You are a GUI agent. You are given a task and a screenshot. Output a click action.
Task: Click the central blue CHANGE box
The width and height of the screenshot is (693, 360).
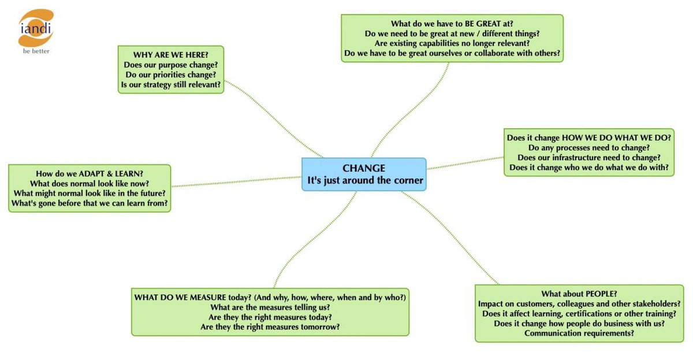[364, 174]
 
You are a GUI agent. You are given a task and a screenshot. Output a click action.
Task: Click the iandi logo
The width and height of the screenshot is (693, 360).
[36, 28]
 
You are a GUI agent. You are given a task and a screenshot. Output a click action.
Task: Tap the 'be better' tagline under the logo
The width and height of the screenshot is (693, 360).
[36, 51]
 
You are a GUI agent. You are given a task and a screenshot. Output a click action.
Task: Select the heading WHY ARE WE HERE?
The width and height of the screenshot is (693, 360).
[170, 55]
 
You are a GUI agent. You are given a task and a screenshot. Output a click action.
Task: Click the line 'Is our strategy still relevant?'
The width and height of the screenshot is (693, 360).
[170, 85]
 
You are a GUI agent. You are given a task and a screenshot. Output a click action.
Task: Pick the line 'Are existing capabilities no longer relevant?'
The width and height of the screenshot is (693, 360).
[452, 43]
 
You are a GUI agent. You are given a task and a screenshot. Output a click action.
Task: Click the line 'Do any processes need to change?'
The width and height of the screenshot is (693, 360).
[589, 147]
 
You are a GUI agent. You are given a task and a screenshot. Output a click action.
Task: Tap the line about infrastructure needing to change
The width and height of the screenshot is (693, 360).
[589, 157]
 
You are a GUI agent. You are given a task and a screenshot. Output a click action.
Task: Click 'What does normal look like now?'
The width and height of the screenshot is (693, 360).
[90, 183]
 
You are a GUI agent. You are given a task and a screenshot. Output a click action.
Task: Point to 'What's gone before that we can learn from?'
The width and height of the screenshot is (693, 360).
[90, 203]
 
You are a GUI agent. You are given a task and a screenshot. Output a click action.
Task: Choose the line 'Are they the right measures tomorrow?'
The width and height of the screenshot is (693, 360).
[270, 326]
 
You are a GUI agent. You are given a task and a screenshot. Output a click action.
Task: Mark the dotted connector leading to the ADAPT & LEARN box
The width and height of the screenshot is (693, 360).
[237, 181]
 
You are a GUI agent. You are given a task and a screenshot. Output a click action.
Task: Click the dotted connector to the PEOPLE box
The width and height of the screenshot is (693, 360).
[450, 237]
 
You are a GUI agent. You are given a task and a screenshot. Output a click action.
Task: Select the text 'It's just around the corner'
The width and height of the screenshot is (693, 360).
[365, 180]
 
